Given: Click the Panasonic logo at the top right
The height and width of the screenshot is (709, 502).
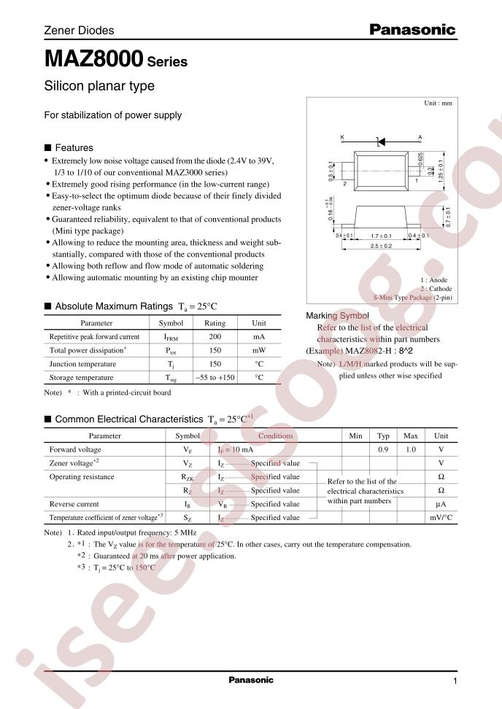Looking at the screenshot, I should (412, 30).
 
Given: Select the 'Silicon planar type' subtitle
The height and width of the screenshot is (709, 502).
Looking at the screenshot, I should (99, 86).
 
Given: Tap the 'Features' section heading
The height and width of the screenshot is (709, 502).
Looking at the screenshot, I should (74, 147).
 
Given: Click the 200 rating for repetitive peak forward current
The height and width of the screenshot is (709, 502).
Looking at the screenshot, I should (215, 337).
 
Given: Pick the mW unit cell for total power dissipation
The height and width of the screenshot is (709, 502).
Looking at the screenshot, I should (259, 350).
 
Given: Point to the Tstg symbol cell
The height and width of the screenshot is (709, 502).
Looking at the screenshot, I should (171, 378).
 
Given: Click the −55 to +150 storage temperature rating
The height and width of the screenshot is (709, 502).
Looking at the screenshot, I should (215, 378).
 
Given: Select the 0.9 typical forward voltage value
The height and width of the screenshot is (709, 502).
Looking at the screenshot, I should (382, 450).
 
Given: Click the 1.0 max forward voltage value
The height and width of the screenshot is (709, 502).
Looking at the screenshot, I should (410, 450).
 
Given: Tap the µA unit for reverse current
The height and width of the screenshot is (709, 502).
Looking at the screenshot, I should (441, 504).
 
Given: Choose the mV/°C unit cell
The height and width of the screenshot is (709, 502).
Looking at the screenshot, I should (441, 517).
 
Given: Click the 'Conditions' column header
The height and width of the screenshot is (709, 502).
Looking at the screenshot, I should (275, 436).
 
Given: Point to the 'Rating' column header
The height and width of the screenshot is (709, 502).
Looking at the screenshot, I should (215, 323).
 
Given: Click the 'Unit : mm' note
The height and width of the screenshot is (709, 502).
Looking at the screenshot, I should (438, 104).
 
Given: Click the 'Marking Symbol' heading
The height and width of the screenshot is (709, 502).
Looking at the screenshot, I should (336, 316).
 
